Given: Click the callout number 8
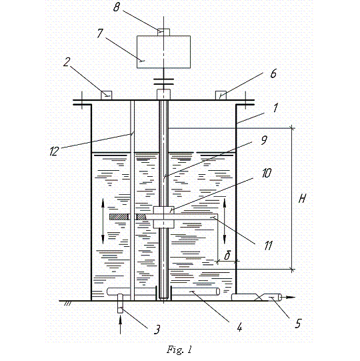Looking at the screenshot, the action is (117, 7).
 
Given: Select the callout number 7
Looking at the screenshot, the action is (100, 33).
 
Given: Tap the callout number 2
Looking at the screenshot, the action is (67, 62).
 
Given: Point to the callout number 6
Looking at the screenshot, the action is (273, 73).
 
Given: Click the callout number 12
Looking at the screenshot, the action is (55, 151).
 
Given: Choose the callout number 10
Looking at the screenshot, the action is (267, 173).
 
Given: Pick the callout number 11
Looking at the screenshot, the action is (268, 246).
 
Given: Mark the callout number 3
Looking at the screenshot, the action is (157, 330).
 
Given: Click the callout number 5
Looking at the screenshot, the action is (298, 324).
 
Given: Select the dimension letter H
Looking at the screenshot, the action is (303, 198).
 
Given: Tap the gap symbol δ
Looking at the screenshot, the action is (227, 256).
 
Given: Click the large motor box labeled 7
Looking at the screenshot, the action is (163, 52).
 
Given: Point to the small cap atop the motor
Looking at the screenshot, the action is (163, 32).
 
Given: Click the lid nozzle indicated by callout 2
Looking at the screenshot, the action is (107, 95).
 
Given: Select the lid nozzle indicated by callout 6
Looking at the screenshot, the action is (221, 95).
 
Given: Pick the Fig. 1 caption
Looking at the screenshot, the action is (179, 350).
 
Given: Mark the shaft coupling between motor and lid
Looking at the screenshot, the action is (163, 81).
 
